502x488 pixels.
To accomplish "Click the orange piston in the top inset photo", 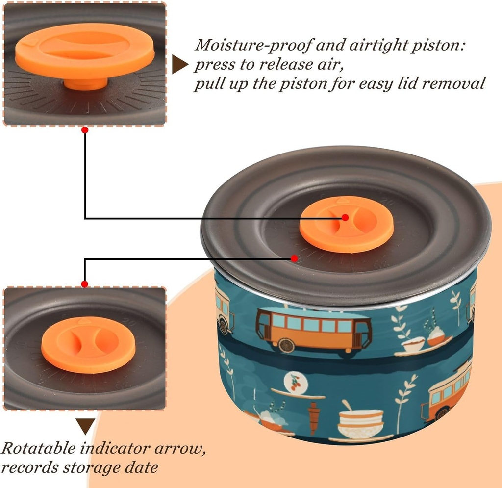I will [x=84, y=51].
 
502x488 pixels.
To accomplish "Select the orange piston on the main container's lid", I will [x=346, y=224].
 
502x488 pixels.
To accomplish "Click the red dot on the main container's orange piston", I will [x=345, y=217].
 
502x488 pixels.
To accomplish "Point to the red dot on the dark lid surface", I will [x=294, y=258].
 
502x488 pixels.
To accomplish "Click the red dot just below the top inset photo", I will [x=85, y=130].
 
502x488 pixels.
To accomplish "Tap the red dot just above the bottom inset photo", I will [x=85, y=284].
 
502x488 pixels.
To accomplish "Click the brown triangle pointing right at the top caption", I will [x=179, y=64].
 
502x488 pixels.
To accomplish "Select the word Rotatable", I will [x=39, y=448].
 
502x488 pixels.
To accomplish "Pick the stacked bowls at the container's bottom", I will [x=361, y=424].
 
